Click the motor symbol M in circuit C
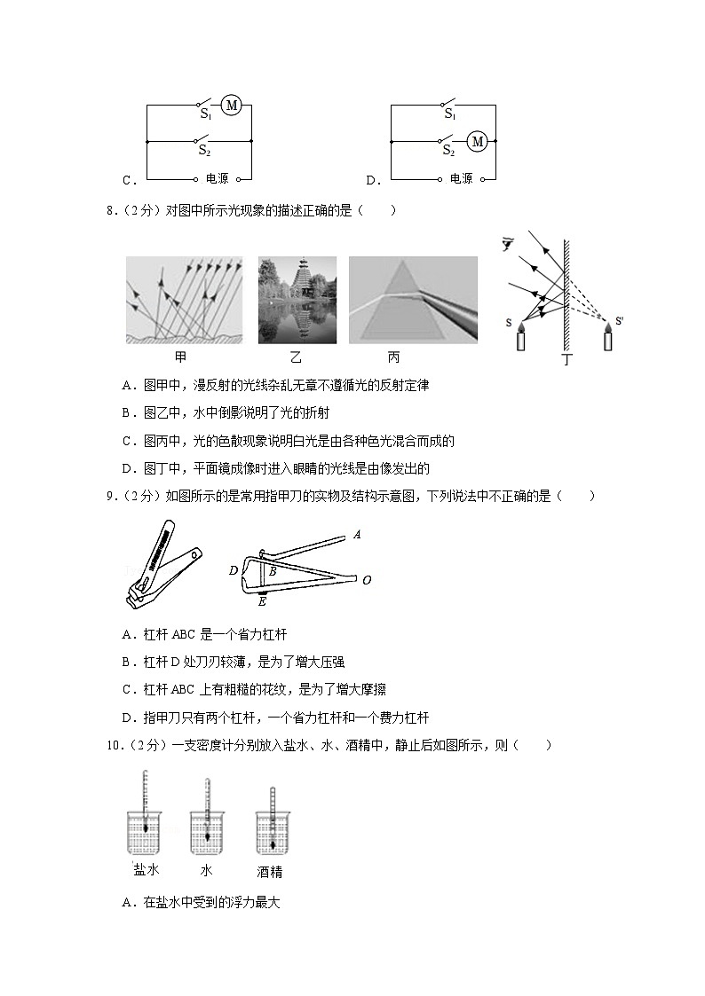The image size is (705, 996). click(x=232, y=106)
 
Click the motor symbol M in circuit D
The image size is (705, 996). click(x=477, y=141)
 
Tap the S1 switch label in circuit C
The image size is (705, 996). click(x=205, y=114)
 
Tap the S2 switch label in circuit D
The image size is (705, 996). click(x=449, y=151)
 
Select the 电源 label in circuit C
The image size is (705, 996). click(x=217, y=178)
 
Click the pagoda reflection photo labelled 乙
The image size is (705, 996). click(x=297, y=300)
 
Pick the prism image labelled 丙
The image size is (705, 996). click(x=413, y=300)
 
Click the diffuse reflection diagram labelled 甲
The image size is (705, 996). click(x=184, y=300)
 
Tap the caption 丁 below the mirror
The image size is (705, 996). click(x=568, y=360)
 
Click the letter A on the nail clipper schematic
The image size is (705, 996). click(x=357, y=535)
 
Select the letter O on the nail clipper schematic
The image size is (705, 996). click(x=366, y=580)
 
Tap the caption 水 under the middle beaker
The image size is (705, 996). click(x=207, y=870)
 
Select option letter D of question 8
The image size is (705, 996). click(x=128, y=468)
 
